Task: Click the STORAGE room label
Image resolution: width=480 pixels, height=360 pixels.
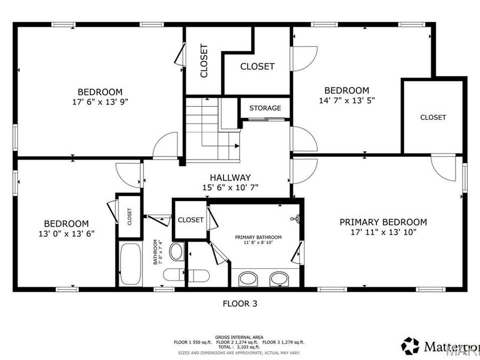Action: tap(265, 108)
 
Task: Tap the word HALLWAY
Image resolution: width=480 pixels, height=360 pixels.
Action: tap(230, 178)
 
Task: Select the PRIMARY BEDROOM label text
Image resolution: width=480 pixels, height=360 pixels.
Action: tap(383, 222)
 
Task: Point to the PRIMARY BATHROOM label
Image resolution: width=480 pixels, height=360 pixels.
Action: tap(259, 237)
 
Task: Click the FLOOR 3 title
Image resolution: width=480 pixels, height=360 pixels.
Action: tap(239, 304)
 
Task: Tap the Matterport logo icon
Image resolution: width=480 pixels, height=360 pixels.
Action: tap(410, 346)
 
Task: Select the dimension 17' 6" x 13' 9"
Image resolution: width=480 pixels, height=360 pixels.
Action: tap(100, 101)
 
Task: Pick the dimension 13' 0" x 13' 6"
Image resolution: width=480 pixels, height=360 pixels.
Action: tap(66, 233)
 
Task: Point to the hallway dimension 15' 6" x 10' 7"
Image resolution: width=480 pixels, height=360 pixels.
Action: tap(230, 187)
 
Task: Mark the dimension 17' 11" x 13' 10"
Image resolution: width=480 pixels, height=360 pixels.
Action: tap(383, 231)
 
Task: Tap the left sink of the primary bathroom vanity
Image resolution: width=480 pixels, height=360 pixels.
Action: tap(247, 278)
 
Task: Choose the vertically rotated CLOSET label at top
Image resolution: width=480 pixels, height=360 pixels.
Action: tap(204, 60)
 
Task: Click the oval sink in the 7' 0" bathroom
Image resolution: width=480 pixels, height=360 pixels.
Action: tap(177, 251)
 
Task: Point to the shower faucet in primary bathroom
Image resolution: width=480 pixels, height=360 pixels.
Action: tap(298, 219)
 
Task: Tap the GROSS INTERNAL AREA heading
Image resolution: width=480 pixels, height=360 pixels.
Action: tap(239, 337)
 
